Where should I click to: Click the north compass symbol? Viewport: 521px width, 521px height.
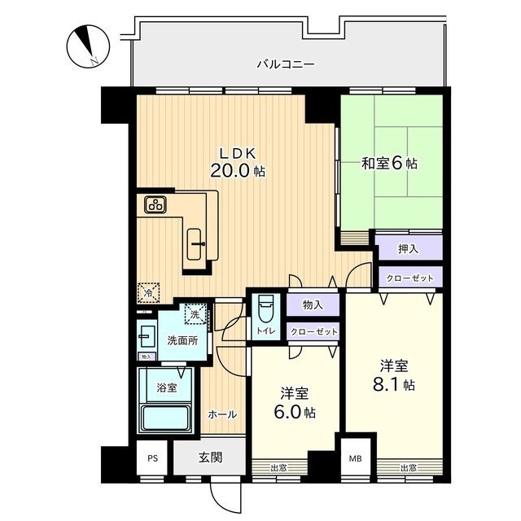pyautogui.click(x=88, y=47)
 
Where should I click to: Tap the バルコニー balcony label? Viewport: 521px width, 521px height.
pyautogui.click(x=286, y=63)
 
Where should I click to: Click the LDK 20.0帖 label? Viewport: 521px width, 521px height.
pyautogui.click(x=238, y=163)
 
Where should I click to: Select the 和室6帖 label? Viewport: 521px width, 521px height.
pyautogui.click(x=389, y=164)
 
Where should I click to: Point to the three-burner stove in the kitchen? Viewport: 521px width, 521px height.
pyautogui.click(x=155, y=204)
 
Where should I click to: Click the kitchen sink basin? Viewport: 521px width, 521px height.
pyautogui.click(x=194, y=244)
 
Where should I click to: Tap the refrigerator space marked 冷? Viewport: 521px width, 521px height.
pyautogui.click(x=149, y=293)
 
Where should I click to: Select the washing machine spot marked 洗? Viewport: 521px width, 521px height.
pyautogui.click(x=195, y=314)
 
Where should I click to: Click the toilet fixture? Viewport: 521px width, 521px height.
pyautogui.click(x=265, y=309)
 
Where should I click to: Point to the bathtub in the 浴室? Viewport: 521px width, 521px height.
pyautogui.click(x=165, y=418)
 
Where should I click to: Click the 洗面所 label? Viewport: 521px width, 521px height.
pyautogui.click(x=182, y=340)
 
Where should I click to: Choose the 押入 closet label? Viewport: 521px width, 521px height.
pyautogui.click(x=409, y=249)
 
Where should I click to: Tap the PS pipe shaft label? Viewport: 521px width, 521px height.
pyautogui.click(x=152, y=458)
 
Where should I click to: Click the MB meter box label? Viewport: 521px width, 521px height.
pyautogui.click(x=355, y=459)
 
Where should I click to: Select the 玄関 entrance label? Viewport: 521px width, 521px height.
pyautogui.click(x=210, y=458)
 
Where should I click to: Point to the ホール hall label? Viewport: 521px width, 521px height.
pyautogui.click(x=222, y=414)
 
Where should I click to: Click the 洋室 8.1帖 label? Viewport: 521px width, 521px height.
pyautogui.click(x=394, y=375)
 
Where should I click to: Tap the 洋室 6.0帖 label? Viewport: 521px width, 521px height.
pyautogui.click(x=295, y=404)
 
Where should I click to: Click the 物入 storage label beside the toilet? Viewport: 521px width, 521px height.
pyautogui.click(x=313, y=305)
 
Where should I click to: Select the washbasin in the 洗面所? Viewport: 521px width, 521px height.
pyautogui.click(x=147, y=336)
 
